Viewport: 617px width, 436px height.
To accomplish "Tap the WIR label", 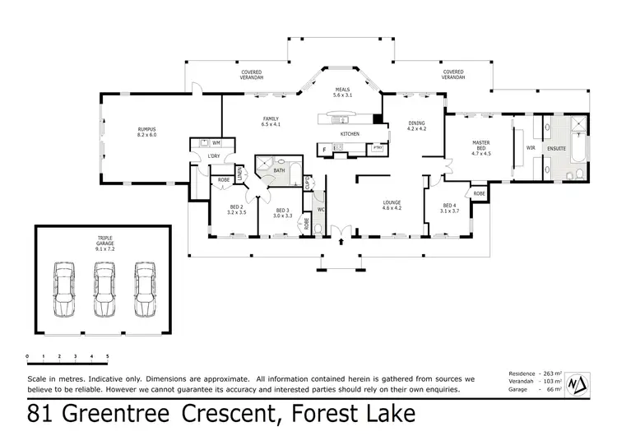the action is (531, 148).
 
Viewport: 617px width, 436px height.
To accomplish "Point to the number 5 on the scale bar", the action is (107, 356).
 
